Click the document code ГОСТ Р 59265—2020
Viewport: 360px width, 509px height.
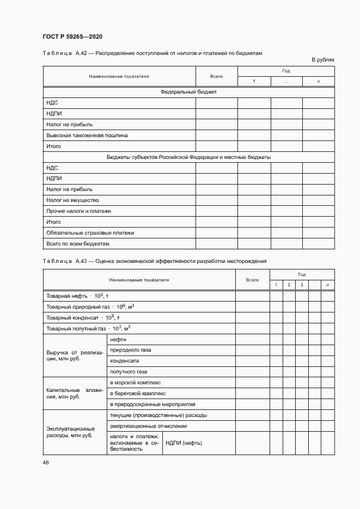click(72, 36)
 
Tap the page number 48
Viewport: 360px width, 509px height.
click(45, 462)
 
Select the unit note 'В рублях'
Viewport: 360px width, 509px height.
click(322, 59)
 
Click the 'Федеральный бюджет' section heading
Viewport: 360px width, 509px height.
click(188, 92)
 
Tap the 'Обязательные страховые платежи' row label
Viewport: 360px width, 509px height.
click(90, 233)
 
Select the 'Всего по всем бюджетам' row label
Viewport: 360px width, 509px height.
click(78, 243)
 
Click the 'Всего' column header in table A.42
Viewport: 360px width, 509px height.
click(216, 76)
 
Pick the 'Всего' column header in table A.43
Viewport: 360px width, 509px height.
click(252, 280)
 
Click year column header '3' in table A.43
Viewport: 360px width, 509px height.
click(302, 285)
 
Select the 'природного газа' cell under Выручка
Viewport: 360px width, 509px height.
click(131, 350)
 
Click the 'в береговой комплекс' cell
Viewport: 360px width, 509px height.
click(138, 393)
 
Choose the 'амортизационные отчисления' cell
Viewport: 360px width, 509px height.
click(148, 426)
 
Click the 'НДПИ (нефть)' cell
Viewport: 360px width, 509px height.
click(184, 443)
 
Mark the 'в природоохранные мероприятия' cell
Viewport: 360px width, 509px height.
click(152, 404)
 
